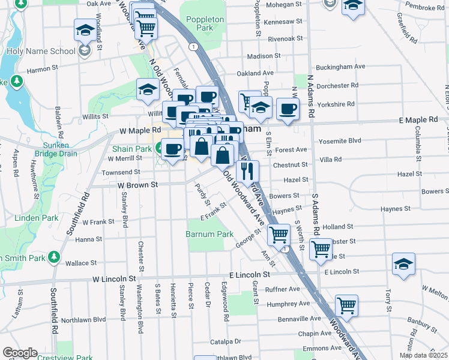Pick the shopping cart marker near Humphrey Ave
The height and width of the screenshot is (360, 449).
pyautogui.click(x=346, y=305)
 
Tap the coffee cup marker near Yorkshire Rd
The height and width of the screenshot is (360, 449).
pyautogui.click(x=288, y=110)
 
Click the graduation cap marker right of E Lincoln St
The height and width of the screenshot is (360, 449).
pyautogui.click(x=403, y=264)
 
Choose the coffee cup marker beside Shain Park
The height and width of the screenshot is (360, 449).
pyautogui.click(x=172, y=149)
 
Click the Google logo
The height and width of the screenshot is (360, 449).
pyautogui.click(x=19, y=353)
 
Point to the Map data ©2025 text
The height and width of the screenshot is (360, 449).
pyautogui.click(x=423, y=355)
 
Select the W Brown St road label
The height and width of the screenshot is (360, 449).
pyautogui.click(x=137, y=185)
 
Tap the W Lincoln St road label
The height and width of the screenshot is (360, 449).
pyautogui.click(x=114, y=279)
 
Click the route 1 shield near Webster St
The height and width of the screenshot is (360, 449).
pyautogui.click(x=286, y=249)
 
